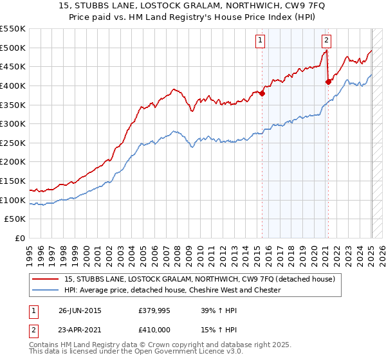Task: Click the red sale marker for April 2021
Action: pyautogui.click(x=329, y=82)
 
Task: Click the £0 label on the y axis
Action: pyautogui.click(x=20, y=238)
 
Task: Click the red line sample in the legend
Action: pyautogui.click(x=46, y=279)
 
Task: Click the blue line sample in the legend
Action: pyautogui.click(x=46, y=290)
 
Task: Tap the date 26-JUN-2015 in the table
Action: pyautogui.click(x=80, y=310)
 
